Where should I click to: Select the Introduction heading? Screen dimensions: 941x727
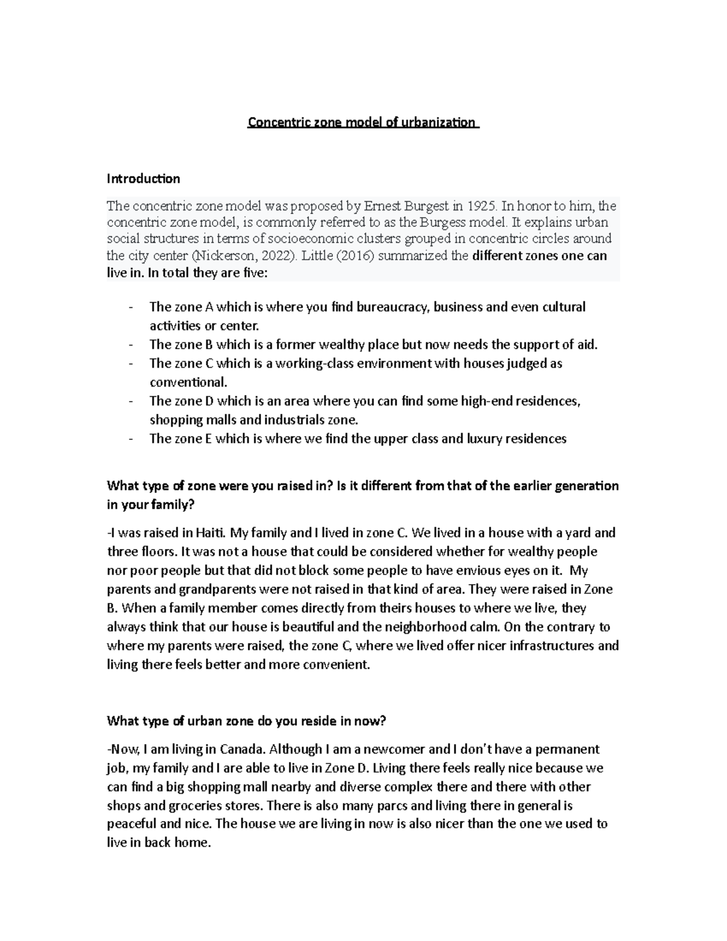pos(143,179)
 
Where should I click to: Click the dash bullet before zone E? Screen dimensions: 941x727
pos(131,439)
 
